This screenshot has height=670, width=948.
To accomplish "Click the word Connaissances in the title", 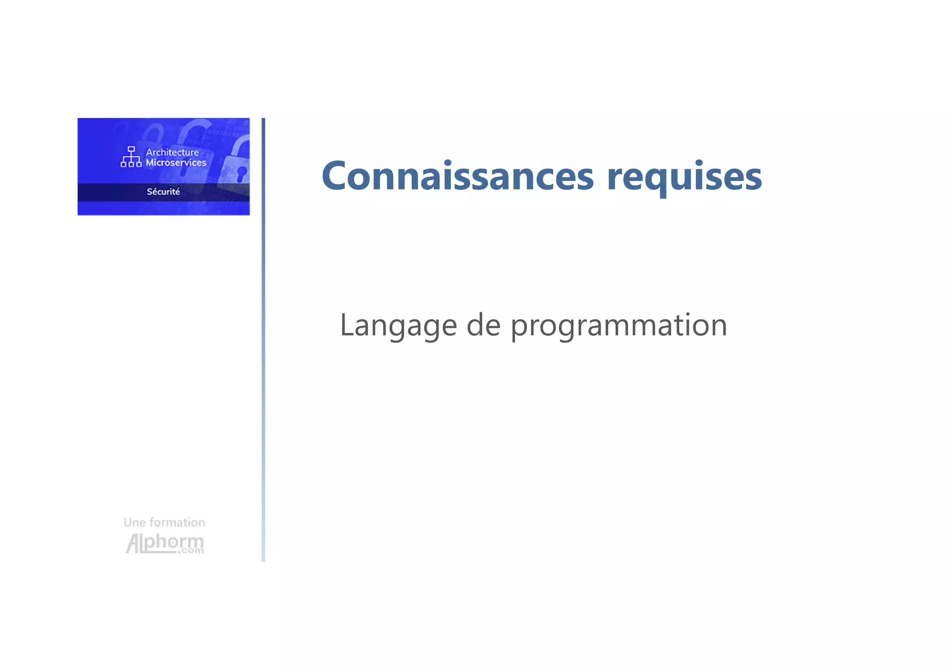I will tap(457, 176).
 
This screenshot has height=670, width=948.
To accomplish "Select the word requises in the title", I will tap(684, 177).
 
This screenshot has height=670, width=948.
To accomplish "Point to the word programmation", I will tap(619, 326).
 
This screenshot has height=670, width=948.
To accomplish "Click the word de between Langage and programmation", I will tap(483, 325).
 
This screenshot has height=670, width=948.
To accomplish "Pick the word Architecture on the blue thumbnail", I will tap(172, 152).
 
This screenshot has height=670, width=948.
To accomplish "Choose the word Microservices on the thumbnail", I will tap(176, 163).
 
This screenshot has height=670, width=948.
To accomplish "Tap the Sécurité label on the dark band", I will tap(163, 192).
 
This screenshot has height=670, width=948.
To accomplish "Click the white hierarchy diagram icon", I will tap(131, 157).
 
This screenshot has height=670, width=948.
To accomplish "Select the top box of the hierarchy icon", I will tap(131, 149).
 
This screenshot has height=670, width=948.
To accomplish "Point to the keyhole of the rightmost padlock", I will tap(241, 173).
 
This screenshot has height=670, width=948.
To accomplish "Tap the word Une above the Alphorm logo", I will tap(134, 522).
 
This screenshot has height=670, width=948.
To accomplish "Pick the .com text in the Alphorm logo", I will tap(191, 551).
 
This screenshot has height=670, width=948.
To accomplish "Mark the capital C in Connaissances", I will tap(337, 176).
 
